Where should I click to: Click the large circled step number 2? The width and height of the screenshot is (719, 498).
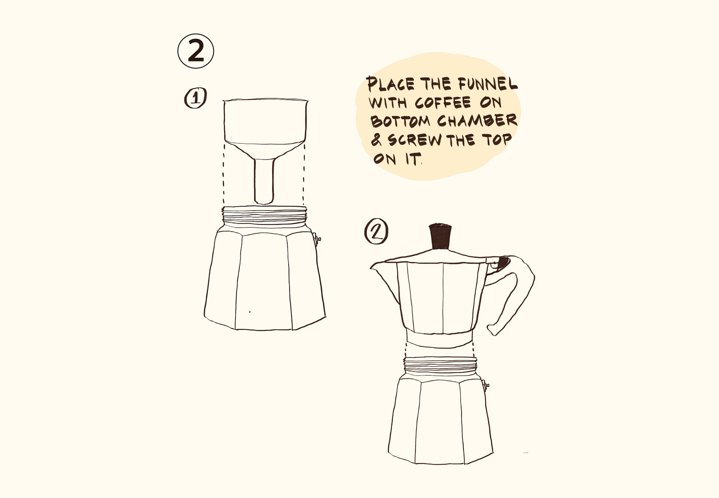pyautogui.click(x=196, y=51)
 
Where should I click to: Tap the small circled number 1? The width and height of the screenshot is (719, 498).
pyautogui.click(x=195, y=98)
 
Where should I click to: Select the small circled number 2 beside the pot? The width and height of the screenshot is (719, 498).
pyautogui.click(x=376, y=232)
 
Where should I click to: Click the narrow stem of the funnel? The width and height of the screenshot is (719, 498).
pyautogui.click(x=264, y=181)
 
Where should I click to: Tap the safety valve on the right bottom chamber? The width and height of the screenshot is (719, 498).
pyautogui.click(x=486, y=385)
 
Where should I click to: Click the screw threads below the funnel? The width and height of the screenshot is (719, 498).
pyautogui.click(x=264, y=215)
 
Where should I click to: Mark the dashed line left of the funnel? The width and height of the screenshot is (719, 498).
pyautogui.click(x=224, y=174)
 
